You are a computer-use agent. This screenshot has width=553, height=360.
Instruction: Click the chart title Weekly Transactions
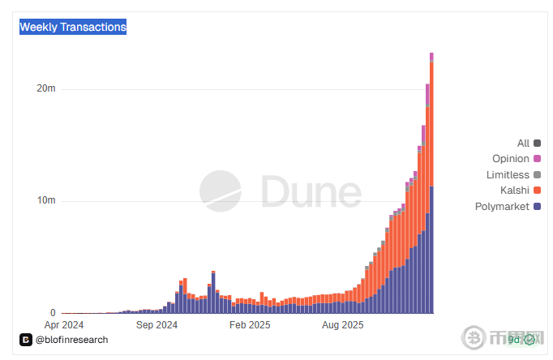point(73,28)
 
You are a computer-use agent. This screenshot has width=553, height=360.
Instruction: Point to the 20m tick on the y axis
point(46,88)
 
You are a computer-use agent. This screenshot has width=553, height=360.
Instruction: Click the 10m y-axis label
point(46,200)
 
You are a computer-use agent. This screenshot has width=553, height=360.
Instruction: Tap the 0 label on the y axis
point(53,313)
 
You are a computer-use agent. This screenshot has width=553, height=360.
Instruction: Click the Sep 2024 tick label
point(156,326)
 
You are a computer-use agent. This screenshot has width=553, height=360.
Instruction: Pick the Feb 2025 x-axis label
point(249,326)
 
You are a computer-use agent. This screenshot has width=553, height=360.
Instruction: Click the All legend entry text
point(523,144)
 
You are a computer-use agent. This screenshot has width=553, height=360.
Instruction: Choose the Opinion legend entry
point(510,159)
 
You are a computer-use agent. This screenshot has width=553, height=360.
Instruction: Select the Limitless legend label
point(508,175)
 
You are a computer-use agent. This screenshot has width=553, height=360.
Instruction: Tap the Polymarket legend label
point(501,207)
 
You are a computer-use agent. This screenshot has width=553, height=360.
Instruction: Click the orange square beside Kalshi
point(537,191)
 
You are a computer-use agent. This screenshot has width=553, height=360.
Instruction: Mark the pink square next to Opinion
point(537,159)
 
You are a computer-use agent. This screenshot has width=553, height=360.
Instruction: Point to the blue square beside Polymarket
point(537,207)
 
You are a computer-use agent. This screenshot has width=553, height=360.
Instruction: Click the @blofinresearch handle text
point(71,340)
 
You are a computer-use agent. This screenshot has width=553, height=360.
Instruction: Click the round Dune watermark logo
point(221,191)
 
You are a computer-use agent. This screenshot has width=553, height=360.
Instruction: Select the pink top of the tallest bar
point(431,57)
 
